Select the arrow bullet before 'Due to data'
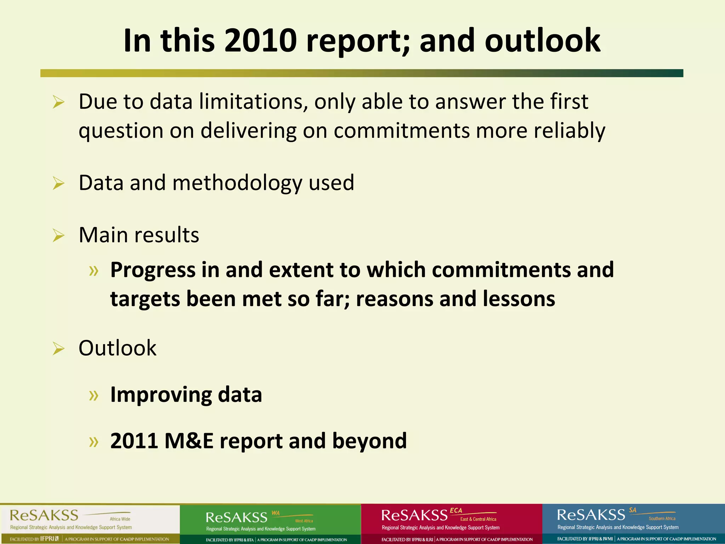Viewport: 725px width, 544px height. [x=58, y=103]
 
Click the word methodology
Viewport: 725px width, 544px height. [x=237, y=183]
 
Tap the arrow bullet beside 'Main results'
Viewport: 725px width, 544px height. [x=58, y=236]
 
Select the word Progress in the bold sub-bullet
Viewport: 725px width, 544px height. [x=153, y=270]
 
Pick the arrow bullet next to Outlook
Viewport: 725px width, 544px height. [x=58, y=349]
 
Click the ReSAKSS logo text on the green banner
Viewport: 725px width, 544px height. [x=236, y=517]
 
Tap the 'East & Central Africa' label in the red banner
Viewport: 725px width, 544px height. [x=478, y=519]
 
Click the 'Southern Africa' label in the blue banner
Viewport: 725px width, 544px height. [x=662, y=518]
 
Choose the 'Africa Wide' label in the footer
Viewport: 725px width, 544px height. [x=120, y=519]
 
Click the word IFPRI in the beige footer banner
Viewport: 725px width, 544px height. [x=47, y=539]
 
